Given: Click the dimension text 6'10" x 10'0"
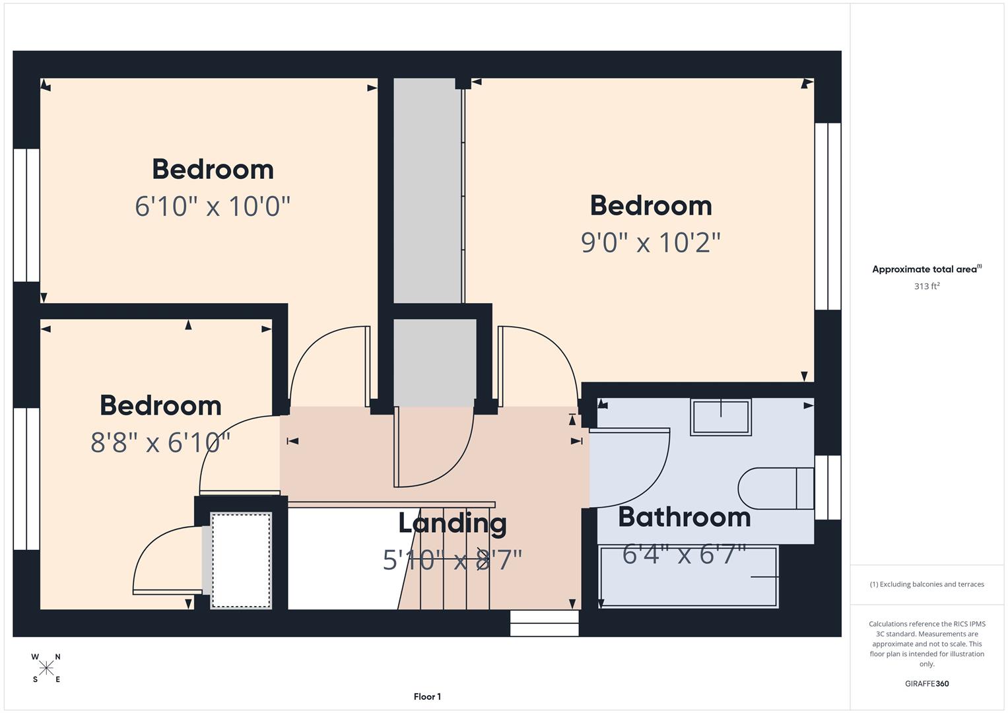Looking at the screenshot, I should pyautogui.click(x=213, y=206).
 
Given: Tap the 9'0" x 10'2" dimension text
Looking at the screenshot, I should pyautogui.click(x=650, y=242).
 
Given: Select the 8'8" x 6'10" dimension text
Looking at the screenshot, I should pyautogui.click(x=160, y=442).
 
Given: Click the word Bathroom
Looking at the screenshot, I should pyautogui.click(x=685, y=517).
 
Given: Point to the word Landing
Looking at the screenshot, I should pyautogui.click(x=453, y=523).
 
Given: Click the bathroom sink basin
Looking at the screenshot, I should pyautogui.click(x=720, y=417).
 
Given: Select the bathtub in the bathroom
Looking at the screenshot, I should pyautogui.click(x=689, y=576).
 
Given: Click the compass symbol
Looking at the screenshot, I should pyautogui.click(x=46, y=668).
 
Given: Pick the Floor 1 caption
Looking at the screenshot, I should pyautogui.click(x=427, y=696).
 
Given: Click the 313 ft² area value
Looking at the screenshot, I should pyautogui.click(x=927, y=287).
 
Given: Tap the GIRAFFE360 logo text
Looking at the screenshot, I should pyautogui.click(x=927, y=683).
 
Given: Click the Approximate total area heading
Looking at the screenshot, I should pyautogui.click(x=927, y=269).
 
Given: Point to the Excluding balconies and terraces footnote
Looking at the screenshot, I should pyautogui.click(x=927, y=584).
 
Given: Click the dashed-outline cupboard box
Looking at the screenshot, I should pyautogui.click(x=241, y=560).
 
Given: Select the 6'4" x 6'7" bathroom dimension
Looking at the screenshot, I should pyautogui.click(x=685, y=555).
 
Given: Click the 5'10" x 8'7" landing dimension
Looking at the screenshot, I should pyautogui.click(x=453, y=560).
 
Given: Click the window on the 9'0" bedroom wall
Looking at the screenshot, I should pyautogui.click(x=828, y=216).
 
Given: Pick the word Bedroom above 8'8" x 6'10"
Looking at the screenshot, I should pyautogui.click(x=160, y=405).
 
